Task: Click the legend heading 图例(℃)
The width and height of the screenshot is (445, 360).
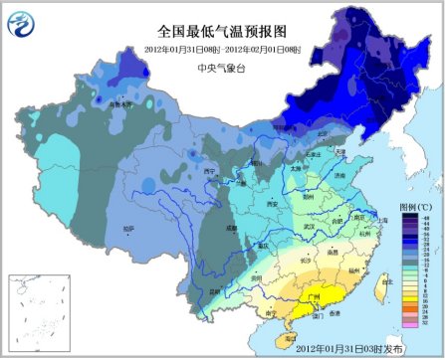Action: [x=415, y=206]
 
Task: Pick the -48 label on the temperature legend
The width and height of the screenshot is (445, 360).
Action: [x=426, y=216]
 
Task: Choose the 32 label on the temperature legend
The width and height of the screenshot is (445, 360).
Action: [x=426, y=323]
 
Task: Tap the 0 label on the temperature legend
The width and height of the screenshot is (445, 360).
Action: [x=426, y=270]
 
